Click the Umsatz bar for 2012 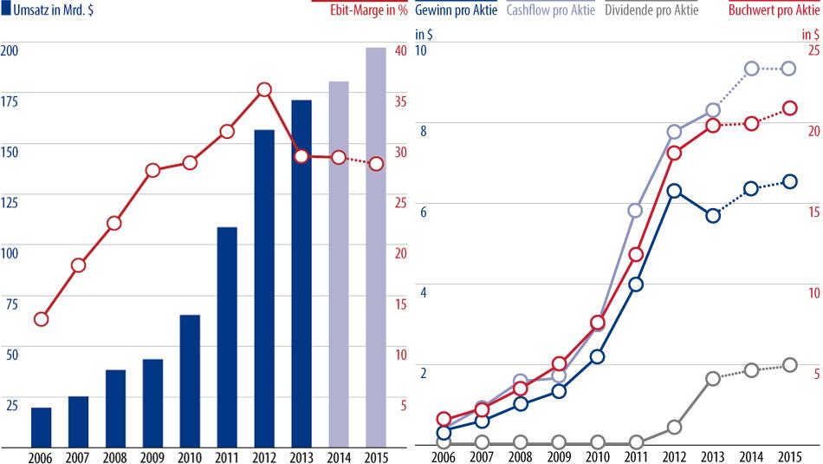tap(264, 287)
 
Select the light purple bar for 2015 tap(375, 246)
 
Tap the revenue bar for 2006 tap(42, 426)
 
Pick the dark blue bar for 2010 tap(190, 380)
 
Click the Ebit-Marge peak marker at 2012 tap(264, 90)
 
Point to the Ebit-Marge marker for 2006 tap(42, 319)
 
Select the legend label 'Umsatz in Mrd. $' tap(51, 10)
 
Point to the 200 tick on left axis tap(10, 50)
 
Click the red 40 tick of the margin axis tap(400, 50)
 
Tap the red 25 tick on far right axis tap(813, 50)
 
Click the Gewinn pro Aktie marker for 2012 tap(675, 191)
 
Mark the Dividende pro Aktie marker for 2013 tap(713, 379)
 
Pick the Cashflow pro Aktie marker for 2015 tap(789, 69)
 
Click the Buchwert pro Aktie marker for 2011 tap(636, 254)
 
